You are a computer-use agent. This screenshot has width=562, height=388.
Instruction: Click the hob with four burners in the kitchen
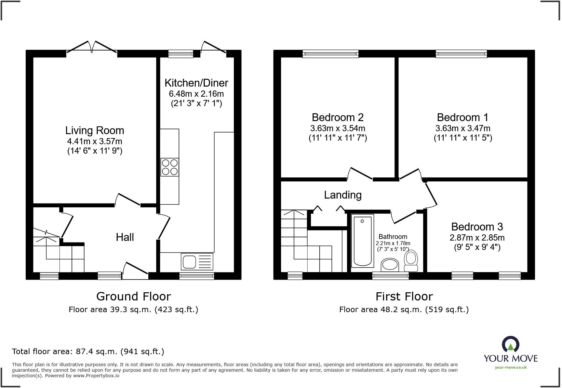pos(169,167)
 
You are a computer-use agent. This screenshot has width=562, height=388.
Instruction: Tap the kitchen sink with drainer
pos(196,261)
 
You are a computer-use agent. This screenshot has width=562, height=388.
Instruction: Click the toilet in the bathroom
pos(411,260)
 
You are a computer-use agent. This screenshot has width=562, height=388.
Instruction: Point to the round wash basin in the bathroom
pos(390,265)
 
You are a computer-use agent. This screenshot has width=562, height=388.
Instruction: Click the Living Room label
pos(95,131)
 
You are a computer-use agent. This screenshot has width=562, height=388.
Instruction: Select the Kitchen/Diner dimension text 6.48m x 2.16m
pos(196,94)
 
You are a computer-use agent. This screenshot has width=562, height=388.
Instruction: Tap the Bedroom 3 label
pos(477,227)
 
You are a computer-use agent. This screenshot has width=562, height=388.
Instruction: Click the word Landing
pos(343,195)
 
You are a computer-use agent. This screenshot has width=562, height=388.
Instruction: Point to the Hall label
pos(125,237)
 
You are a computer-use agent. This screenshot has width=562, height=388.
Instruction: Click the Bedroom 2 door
pos(360,174)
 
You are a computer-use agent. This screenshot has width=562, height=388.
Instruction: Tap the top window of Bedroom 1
pos(461,54)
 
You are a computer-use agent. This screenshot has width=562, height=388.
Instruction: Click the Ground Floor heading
pos(133,297)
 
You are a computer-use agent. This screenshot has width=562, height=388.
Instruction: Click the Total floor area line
pos(88,352)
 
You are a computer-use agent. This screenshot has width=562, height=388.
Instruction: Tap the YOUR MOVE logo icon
pos(510,344)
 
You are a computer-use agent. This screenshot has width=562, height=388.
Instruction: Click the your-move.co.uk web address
pos(510,367)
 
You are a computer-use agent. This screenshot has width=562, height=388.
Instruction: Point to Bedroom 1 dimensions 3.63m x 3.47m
pos(462,128)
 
